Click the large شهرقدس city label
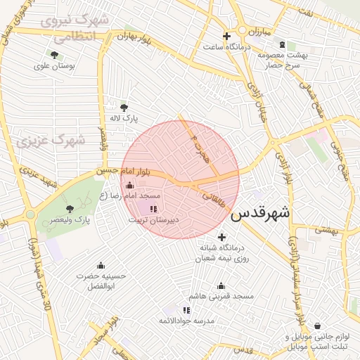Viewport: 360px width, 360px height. click(x=260, y=212)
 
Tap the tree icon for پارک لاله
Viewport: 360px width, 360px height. click(x=124, y=108)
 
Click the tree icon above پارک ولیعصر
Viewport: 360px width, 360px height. click(x=69, y=208)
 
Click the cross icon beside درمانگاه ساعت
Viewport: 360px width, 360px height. click(x=226, y=36)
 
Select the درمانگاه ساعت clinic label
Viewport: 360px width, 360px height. click(x=224, y=47)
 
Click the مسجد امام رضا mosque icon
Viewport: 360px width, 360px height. click(x=128, y=185)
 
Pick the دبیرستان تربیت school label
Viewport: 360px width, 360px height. click(x=153, y=220)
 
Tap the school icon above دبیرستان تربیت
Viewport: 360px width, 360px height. click(x=153, y=209)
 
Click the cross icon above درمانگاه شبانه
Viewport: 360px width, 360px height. click(x=223, y=236)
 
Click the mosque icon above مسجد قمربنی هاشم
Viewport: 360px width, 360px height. click(x=221, y=286)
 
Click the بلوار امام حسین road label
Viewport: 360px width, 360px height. click(x=124, y=171)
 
